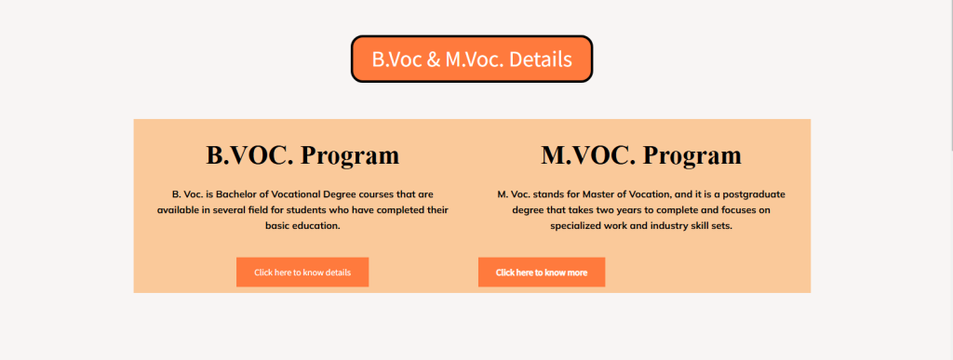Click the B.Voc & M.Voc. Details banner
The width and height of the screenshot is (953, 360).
click(472, 59)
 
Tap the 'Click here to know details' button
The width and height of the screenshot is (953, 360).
click(302, 272)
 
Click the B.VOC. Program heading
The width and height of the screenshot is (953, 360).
click(302, 154)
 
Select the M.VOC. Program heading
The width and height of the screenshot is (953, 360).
click(641, 154)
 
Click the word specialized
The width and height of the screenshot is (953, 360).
click(576, 226)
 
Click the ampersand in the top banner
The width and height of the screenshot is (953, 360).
click(434, 60)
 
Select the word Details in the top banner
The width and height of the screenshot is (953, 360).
click(540, 59)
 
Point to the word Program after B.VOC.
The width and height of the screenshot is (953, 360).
click(350, 156)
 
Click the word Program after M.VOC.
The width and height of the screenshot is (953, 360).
click(691, 156)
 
